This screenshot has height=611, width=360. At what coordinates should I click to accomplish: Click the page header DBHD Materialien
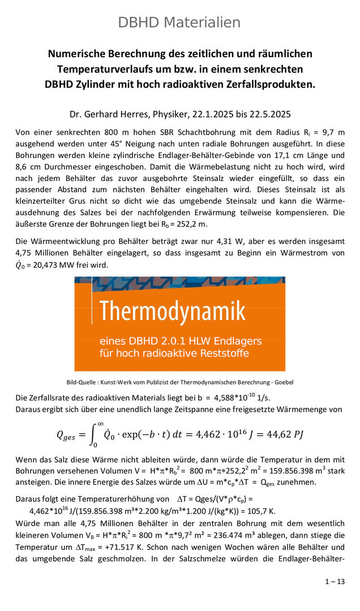(179, 23)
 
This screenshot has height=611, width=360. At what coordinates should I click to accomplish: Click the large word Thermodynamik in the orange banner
(173, 311)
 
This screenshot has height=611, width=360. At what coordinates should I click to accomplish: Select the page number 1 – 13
(334, 582)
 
